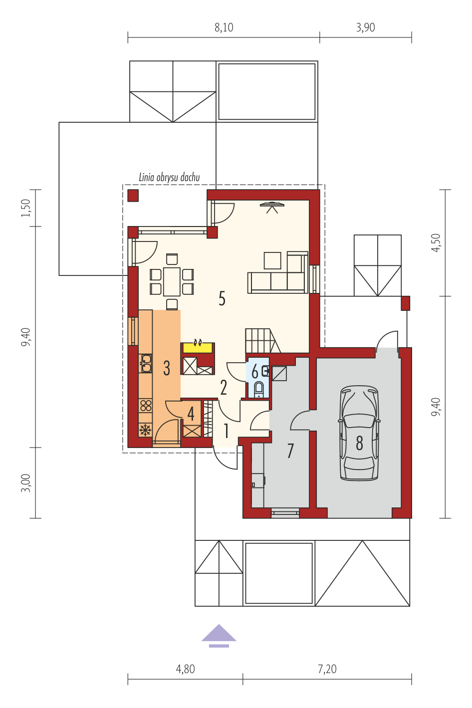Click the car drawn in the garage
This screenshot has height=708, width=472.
(359, 434)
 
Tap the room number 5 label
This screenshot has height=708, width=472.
(222, 298)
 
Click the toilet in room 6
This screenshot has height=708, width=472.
(259, 389)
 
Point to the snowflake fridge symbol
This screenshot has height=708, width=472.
(145, 430)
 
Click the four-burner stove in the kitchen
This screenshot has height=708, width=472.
(145, 406)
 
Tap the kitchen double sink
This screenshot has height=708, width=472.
(145, 363)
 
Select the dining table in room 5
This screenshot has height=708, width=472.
(172, 282)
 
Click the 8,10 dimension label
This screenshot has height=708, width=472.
(224, 27)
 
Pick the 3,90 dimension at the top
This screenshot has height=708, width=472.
(365, 27)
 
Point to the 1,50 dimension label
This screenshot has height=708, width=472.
(25, 208)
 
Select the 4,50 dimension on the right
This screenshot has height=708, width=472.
(436, 243)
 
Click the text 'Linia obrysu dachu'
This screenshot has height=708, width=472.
(169, 177)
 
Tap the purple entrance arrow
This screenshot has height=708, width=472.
(219, 636)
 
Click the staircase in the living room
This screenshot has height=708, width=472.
(263, 340)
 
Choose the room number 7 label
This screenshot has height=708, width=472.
(290, 451)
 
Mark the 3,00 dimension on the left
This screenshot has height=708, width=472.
(25, 482)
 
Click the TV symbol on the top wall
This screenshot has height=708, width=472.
(272, 208)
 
